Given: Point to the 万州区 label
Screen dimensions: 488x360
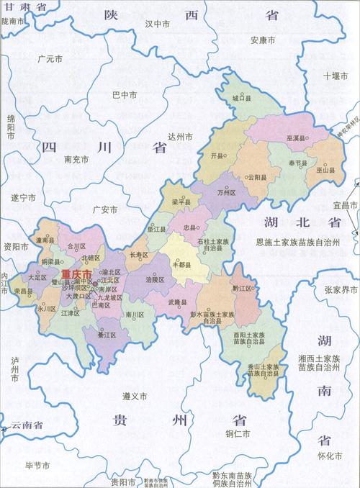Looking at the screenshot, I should [227, 193].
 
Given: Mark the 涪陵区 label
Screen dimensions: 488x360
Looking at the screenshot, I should [156, 278].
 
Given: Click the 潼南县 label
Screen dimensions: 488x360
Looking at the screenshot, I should [45, 221].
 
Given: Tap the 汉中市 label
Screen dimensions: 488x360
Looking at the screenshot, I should [157, 23].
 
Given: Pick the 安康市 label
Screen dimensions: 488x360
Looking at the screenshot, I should [264, 40].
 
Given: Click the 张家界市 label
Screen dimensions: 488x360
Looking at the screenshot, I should [341, 289].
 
